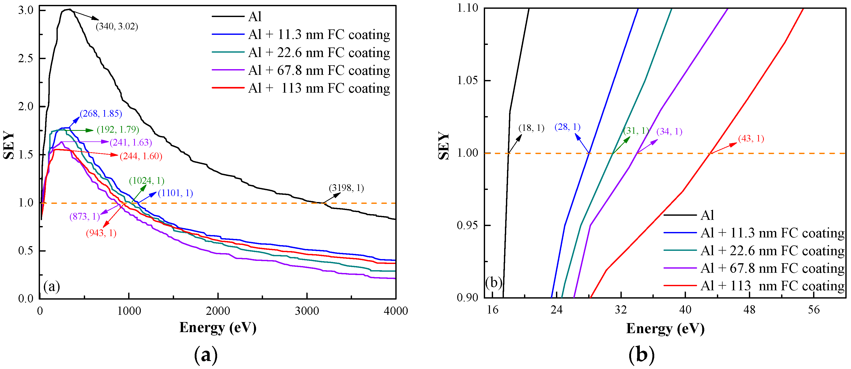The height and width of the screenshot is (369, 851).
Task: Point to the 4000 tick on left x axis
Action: (395, 311)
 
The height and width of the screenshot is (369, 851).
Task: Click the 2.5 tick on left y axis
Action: (26, 59)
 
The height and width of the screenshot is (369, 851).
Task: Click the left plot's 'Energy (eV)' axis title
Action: (218, 327)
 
